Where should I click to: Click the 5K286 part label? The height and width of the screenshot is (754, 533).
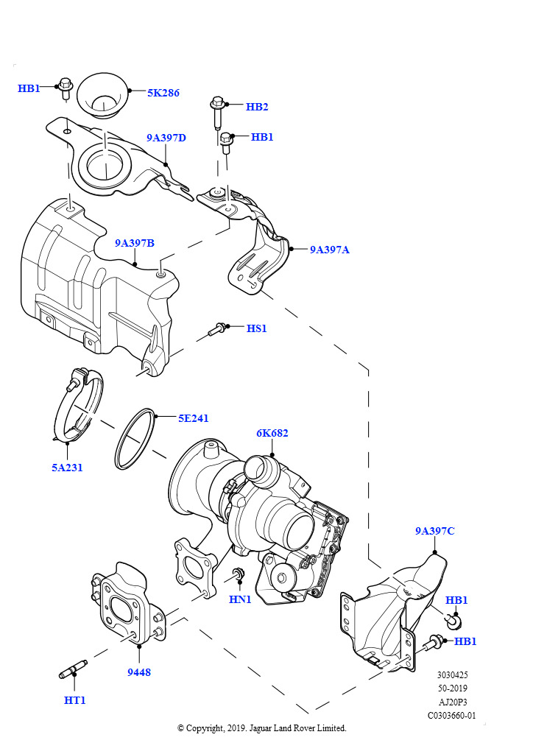(x=163, y=94)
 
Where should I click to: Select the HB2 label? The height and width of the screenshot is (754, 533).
(x=257, y=107)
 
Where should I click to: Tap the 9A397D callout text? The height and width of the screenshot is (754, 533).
(x=166, y=138)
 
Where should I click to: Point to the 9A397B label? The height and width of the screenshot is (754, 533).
(x=134, y=243)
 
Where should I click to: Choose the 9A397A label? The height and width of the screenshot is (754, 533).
(x=329, y=250)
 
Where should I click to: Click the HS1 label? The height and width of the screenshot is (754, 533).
(x=256, y=328)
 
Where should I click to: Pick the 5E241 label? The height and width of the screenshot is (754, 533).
(x=193, y=418)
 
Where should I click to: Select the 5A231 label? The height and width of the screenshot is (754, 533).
(x=67, y=468)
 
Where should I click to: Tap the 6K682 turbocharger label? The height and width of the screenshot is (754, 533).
(x=272, y=433)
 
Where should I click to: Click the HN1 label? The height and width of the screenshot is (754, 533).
(x=240, y=599)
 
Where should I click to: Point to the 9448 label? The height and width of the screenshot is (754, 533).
(x=138, y=672)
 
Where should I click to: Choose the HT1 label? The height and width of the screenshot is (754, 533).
(x=75, y=700)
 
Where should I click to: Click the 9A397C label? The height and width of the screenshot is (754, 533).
(x=434, y=530)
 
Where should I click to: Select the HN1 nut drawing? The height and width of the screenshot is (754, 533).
(x=238, y=575)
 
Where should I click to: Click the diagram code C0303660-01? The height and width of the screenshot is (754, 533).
(x=452, y=715)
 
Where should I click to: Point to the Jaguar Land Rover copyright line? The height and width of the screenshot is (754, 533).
(x=261, y=728)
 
